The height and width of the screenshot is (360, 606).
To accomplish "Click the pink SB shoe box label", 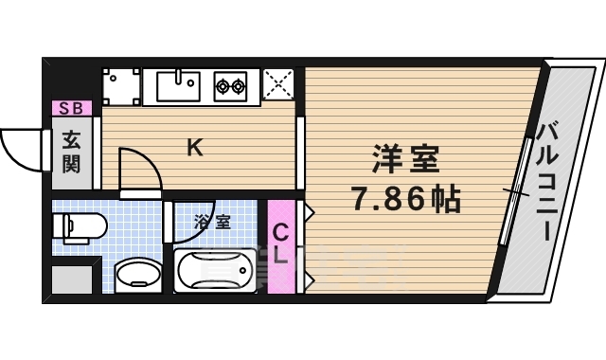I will [72, 108].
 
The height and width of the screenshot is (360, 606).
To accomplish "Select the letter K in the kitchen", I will [194, 147].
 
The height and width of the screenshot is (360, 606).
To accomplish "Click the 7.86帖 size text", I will [405, 199].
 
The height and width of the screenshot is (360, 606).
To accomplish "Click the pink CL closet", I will [280, 244].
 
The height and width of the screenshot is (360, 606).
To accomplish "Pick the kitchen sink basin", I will [178, 87].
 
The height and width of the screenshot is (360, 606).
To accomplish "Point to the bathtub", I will [216, 271].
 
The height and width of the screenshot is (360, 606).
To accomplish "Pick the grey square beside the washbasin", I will [72, 280].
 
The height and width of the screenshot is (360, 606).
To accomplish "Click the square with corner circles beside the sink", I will [121, 87].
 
